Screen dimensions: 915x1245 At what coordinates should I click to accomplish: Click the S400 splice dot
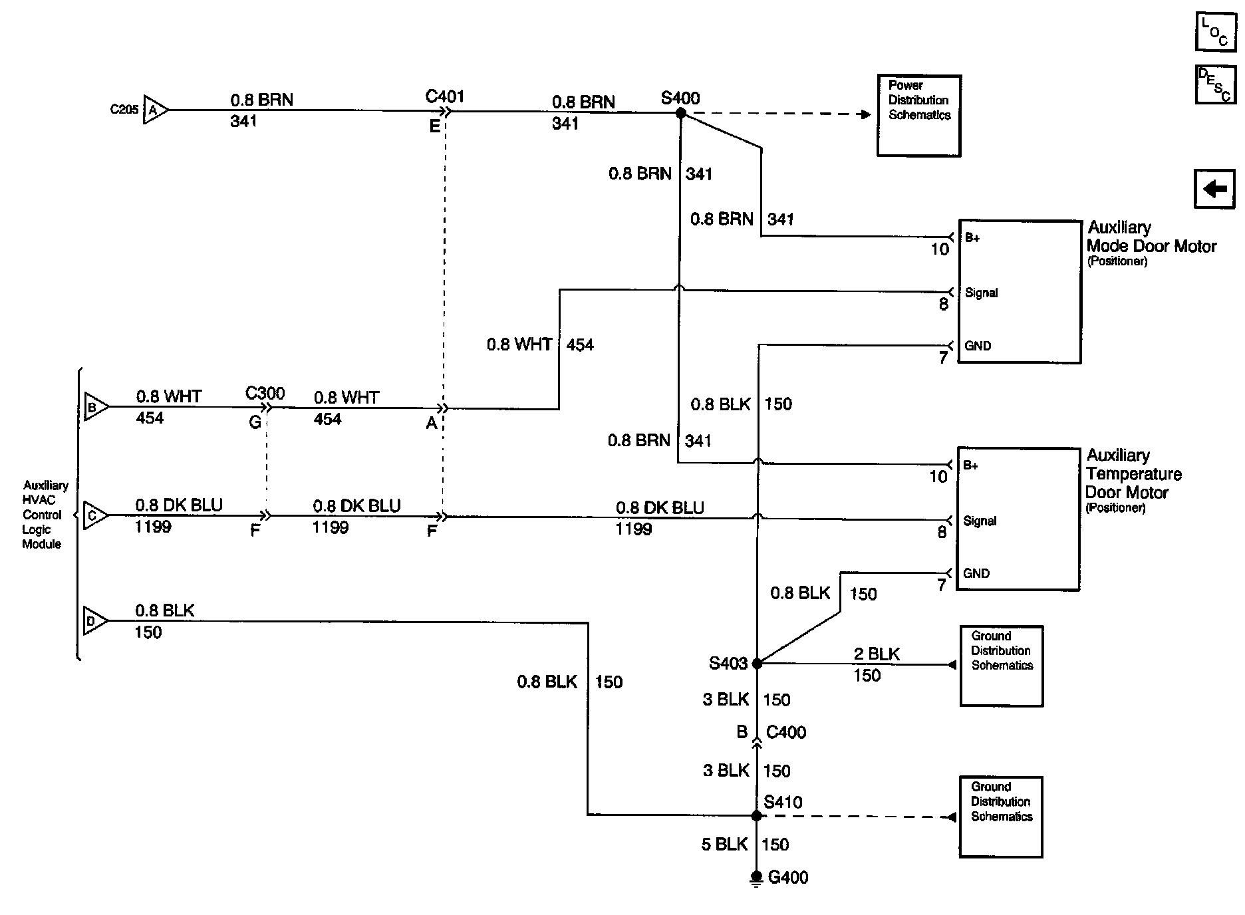coord(680,114)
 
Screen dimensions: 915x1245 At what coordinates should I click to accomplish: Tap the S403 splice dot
coord(757,663)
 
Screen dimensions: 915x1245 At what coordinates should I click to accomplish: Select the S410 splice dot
coord(756,815)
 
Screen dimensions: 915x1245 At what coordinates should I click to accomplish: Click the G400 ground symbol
coord(756,878)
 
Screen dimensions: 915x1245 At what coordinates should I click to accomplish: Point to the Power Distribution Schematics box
coord(918,116)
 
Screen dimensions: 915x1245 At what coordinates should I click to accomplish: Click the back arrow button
coord(1214,190)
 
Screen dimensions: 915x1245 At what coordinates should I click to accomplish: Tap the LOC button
coord(1215,31)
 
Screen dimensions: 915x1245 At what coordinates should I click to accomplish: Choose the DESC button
coord(1215,84)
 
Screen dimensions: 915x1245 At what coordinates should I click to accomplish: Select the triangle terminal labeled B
coord(94,407)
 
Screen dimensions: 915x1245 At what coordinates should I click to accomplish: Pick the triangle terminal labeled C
coord(94,515)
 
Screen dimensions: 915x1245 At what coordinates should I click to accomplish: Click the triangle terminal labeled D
coord(94,621)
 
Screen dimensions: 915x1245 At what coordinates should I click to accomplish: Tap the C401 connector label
coord(444,96)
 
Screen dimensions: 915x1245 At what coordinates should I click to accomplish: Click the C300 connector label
coord(265,393)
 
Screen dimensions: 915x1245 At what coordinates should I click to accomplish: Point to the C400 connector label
coord(786,732)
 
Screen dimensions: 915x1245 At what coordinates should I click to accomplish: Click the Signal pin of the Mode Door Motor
coord(981,293)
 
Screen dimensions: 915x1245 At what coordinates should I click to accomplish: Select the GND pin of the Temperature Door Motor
coord(976,573)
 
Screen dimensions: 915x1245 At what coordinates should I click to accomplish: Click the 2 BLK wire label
coord(877,654)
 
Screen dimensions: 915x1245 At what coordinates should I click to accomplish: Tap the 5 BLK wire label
coord(725,845)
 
